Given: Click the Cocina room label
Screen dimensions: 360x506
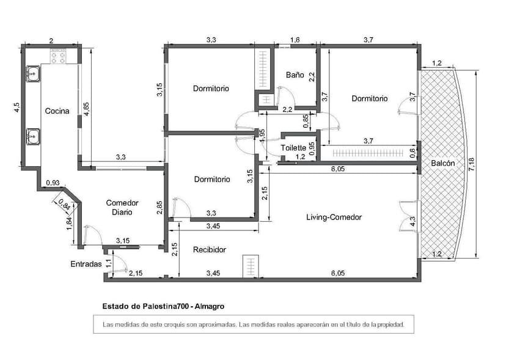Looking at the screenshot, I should click(x=57, y=111).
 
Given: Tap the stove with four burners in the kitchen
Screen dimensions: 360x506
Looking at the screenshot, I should click(x=58, y=56).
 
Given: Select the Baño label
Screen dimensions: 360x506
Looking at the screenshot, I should click(x=295, y=75).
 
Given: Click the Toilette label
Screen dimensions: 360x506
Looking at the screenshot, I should click(x=293, y=148).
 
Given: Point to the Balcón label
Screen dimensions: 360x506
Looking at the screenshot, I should click(x=442, y=163).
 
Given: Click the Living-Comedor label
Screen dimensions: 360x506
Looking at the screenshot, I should click(x=334, y=217).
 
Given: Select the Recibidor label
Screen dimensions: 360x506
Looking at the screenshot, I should click(x=210, y=249).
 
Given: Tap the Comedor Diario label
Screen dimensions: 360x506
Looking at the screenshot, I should click(x=122, y=207).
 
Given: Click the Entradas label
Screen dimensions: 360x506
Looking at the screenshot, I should click(x=86, y=265).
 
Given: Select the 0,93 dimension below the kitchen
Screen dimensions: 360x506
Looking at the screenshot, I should click(x=53, y=183).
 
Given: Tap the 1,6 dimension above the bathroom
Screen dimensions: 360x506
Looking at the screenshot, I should click(x=295, y=40).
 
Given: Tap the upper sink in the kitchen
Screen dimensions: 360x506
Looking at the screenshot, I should click(x=33, y=74).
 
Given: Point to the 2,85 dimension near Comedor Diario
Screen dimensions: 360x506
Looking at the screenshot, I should click(x=159, y=207).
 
